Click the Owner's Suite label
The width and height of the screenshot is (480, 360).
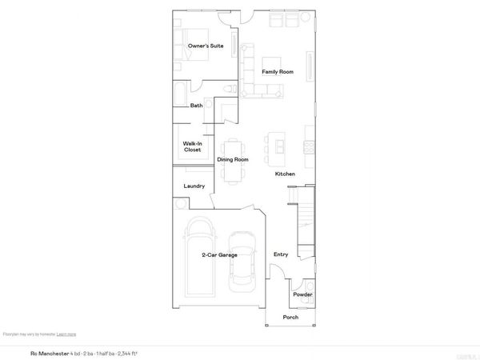click(x=205, y=46)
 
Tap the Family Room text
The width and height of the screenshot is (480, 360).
click(x=278, y=72)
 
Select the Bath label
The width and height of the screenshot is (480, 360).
click(x=196, y=106)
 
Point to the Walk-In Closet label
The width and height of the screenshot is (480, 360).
click(x=192, y=146)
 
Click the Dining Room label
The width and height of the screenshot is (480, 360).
click(x=233, y=159)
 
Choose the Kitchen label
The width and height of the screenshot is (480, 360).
click(x=286, y=174)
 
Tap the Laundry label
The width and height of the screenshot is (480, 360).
click(x=194, y=186)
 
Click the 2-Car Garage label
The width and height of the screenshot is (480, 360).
click(x=219, y=255)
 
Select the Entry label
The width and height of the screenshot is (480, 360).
click(x=281, y=254)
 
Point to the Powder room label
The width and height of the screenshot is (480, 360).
click(x=302, y=294)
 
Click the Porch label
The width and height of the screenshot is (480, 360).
click(x=290, y=318)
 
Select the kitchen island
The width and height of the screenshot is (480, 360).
click(x=279, y=144)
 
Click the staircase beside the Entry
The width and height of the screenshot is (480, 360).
click(x=303, y=220)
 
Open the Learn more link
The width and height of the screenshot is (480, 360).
click(x=66, y=334)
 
